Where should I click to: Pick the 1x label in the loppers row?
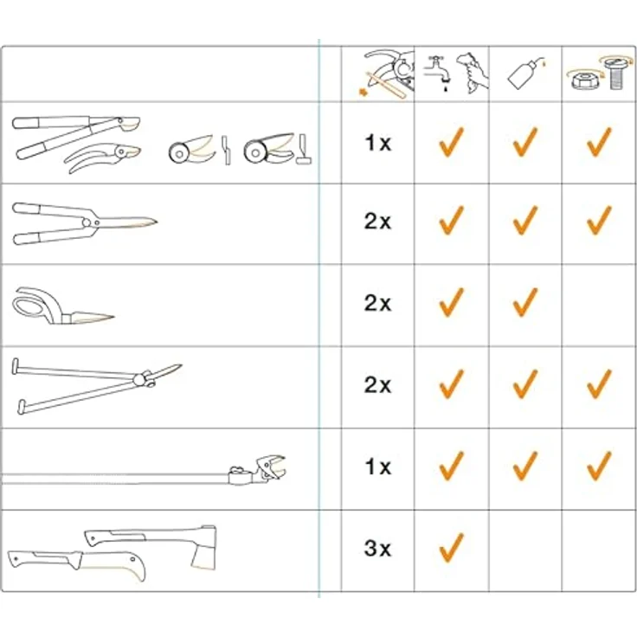(377, 143)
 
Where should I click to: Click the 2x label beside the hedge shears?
(377, 222)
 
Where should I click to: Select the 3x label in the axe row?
(377, 549)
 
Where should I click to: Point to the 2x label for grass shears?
(377, 304)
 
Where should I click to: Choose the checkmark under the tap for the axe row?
(451, 546)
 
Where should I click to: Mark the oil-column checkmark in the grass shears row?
(525, 303)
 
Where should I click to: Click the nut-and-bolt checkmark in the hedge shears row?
(599, 221)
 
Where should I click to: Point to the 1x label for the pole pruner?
(377, 467)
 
